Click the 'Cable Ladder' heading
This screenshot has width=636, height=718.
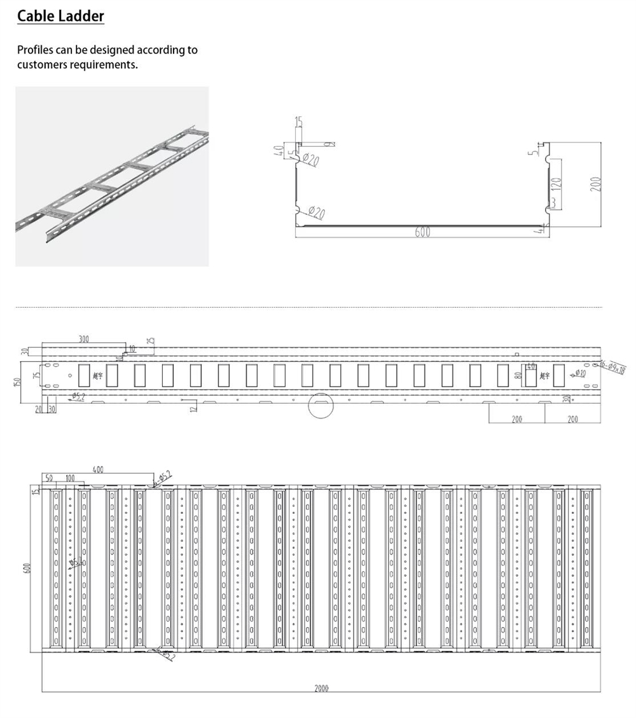pos(60,16)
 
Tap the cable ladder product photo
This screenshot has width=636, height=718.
pos(112,176)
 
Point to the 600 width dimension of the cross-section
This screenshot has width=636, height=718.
pos(422,232)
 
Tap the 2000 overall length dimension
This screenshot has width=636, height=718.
pos(321,688)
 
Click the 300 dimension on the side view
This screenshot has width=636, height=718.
pos(84,339)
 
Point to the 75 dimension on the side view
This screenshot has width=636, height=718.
pos(36,375)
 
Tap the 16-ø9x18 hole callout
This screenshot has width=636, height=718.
pos(612,366)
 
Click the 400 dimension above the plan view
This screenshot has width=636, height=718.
pos(97,469)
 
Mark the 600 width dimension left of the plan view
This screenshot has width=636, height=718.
pos(27,567)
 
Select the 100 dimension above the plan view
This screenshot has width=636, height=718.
pos(70,478)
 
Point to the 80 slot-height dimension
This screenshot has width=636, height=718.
pos(519,375)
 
